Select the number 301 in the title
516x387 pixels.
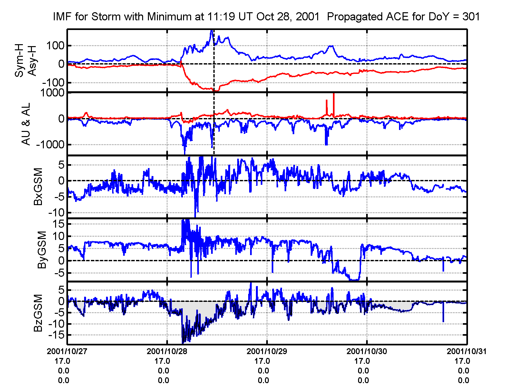click(x=471, y=17)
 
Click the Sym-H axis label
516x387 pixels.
click(x=20, y=61)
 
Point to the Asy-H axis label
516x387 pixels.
click(x=32, y=61)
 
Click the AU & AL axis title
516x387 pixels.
click(x=26, y=124)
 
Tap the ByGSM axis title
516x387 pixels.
click(x=42, y=250)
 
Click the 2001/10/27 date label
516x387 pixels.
click(x=67, y=351)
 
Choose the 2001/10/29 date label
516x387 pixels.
click(x=267, y=351)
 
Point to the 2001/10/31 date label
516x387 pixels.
click(x=466, y=351)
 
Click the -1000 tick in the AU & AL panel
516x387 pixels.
click(x=50, y=144)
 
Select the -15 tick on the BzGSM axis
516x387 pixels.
click(x=55, y=335)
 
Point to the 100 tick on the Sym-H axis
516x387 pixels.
click(x=55, y=45)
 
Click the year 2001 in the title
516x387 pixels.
click(x=307, y=17)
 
